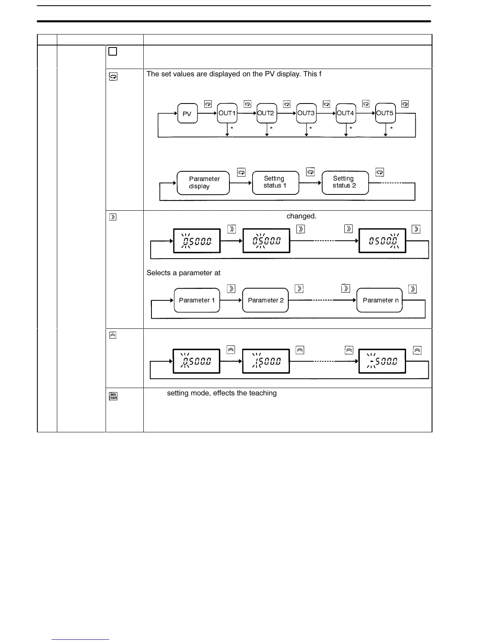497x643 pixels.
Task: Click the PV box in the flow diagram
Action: click(187, 114)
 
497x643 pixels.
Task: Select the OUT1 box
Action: click(227, 113)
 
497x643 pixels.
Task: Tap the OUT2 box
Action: click(266, 113)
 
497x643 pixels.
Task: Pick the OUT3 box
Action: click(306, 113)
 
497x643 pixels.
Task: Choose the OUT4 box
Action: click(346, 113)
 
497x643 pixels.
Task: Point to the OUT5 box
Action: click(385, 113)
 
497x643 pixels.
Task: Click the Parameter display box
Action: click(203, 183)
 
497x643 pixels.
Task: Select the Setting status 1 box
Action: click(275, 182)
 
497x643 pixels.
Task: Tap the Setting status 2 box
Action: click(345, 182)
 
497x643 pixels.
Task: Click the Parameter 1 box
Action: click(197, 300)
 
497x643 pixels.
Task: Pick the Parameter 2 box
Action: click(266, 300)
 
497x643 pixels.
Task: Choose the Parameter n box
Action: click(380, 300)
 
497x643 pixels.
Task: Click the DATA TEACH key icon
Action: click(113, 396)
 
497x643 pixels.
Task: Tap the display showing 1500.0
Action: click(266, 361)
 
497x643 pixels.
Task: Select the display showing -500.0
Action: click(382, 361)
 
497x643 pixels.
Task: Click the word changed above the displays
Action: click(301, 216)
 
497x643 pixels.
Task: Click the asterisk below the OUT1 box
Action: click(232, 128)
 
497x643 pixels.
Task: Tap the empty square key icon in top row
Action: click(113, 52)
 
